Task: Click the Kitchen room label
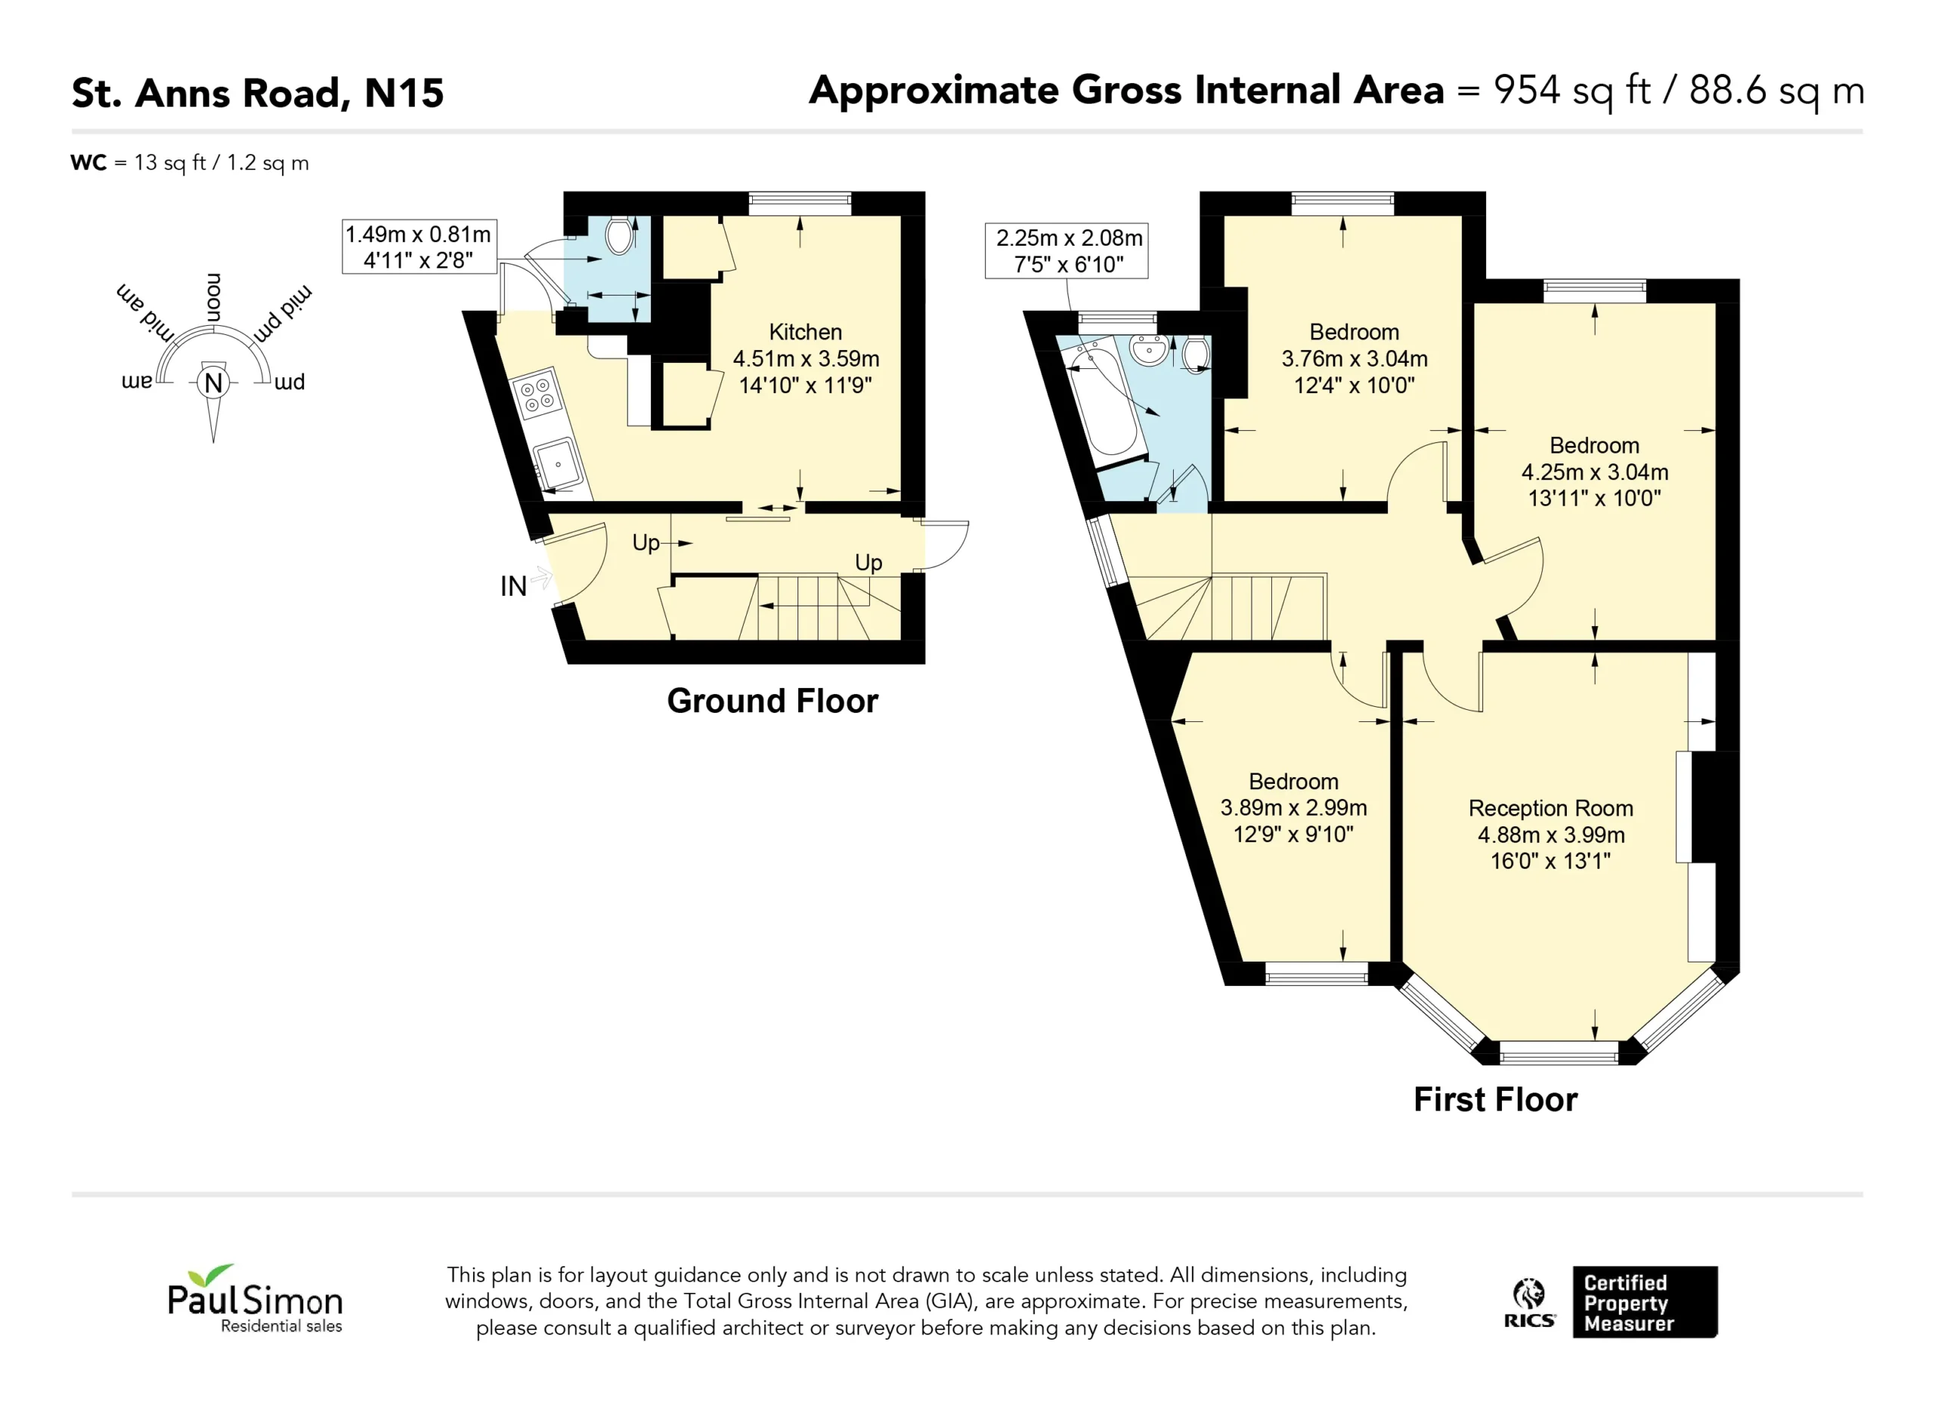tap(806, 332)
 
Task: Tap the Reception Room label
tap(1550, 808)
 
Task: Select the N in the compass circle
tap(213, 383)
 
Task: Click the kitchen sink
tap(558, 465)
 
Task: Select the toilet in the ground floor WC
tap(621, 234)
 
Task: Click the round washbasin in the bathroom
tap(1148, 349)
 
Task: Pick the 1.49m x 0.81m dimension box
tap(419, 246)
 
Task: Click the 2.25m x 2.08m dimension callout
tap(1067, 251)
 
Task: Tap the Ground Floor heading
tap(772, 701)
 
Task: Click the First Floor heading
tap(1496, 1099)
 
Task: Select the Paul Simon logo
tap(255, 1299)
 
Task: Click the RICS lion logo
tap(1529, 1303)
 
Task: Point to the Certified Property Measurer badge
tap(1645, 1302)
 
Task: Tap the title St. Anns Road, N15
tap(258, 93)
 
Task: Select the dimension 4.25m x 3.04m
tap(1595, 472)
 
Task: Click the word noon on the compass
tap(213, 298)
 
